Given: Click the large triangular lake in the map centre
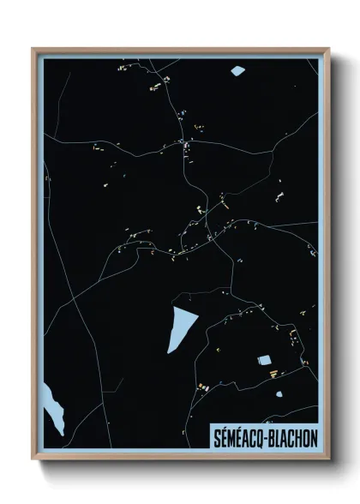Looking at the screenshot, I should (181, 326).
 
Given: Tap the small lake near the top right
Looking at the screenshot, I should (237, 70).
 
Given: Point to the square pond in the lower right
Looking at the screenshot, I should (264, 361).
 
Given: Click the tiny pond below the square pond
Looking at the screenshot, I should (279, 394).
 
